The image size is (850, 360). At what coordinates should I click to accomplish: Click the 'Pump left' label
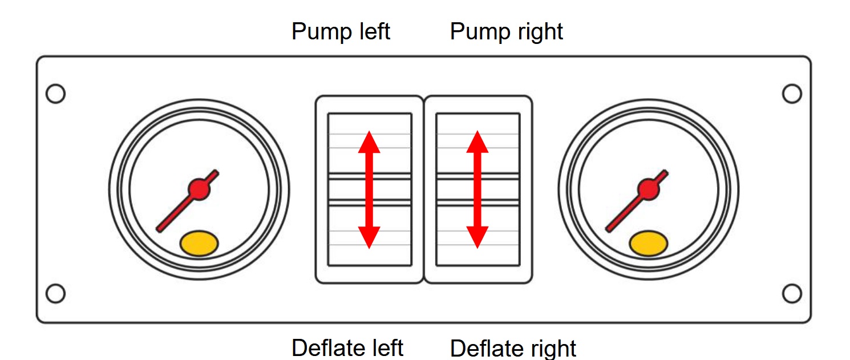(341, 31)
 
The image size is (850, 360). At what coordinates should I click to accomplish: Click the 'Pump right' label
(506, 31)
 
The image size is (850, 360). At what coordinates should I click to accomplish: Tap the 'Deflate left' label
(347, 347)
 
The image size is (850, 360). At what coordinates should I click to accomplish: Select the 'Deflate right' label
(513, 347)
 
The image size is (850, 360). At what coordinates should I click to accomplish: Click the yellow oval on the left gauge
(199, 243)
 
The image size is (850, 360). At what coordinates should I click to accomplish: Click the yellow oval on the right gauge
(648, 243)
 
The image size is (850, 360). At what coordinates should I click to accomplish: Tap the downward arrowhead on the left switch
(369, 237)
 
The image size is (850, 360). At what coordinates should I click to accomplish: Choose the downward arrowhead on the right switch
(477, 237)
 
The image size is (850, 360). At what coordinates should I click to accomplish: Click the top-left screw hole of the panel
(55, 94)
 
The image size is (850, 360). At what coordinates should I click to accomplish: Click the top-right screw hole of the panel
(792, 94)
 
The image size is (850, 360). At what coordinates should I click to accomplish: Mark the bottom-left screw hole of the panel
(55, 293)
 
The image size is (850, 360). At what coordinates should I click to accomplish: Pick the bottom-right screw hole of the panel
(792, 293)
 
